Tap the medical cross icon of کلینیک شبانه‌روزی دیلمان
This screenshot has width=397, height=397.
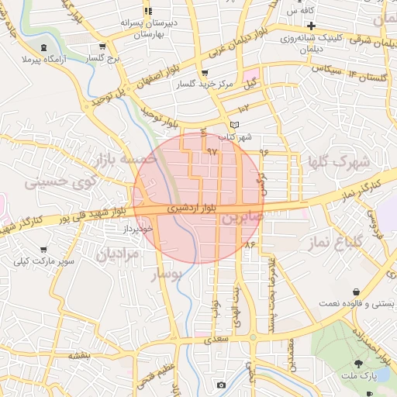[x=310, y=26]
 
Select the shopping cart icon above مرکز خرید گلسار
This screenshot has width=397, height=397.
[x=204, y=73]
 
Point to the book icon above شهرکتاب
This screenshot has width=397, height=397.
[x=236, y=125]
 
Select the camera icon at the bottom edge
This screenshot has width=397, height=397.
[x=222, y=385]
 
